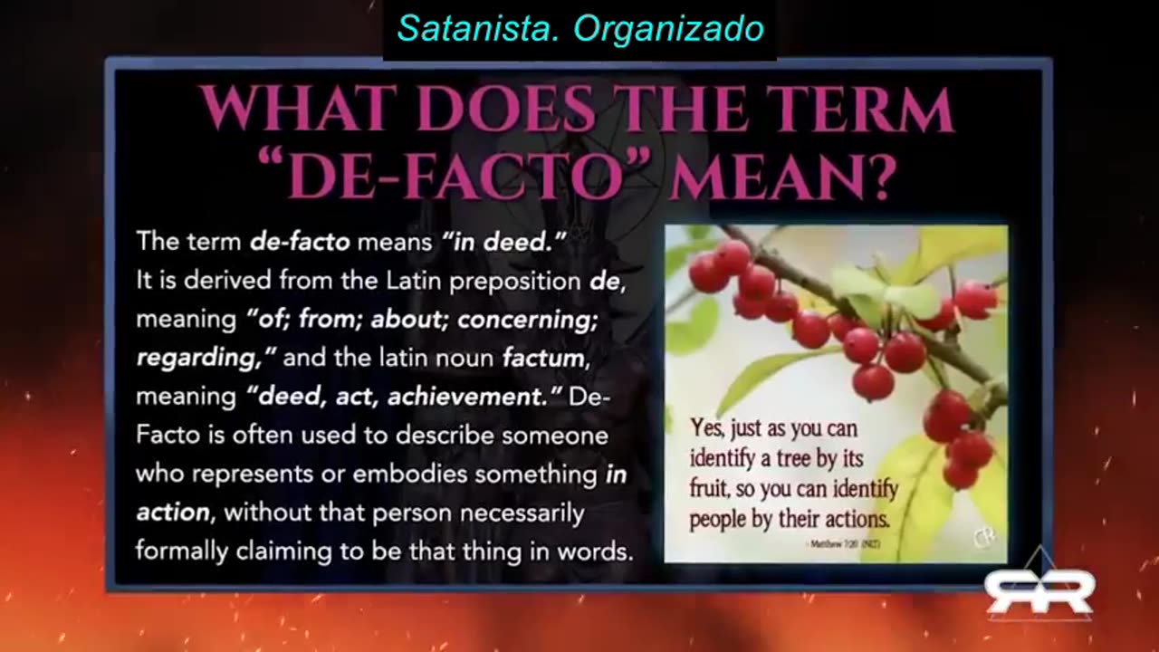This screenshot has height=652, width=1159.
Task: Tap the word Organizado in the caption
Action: click(x=669, y=29)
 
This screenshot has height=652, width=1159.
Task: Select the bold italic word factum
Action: click(x=543, y=359)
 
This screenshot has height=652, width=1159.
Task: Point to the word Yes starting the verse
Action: click(x=707, y=427)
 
